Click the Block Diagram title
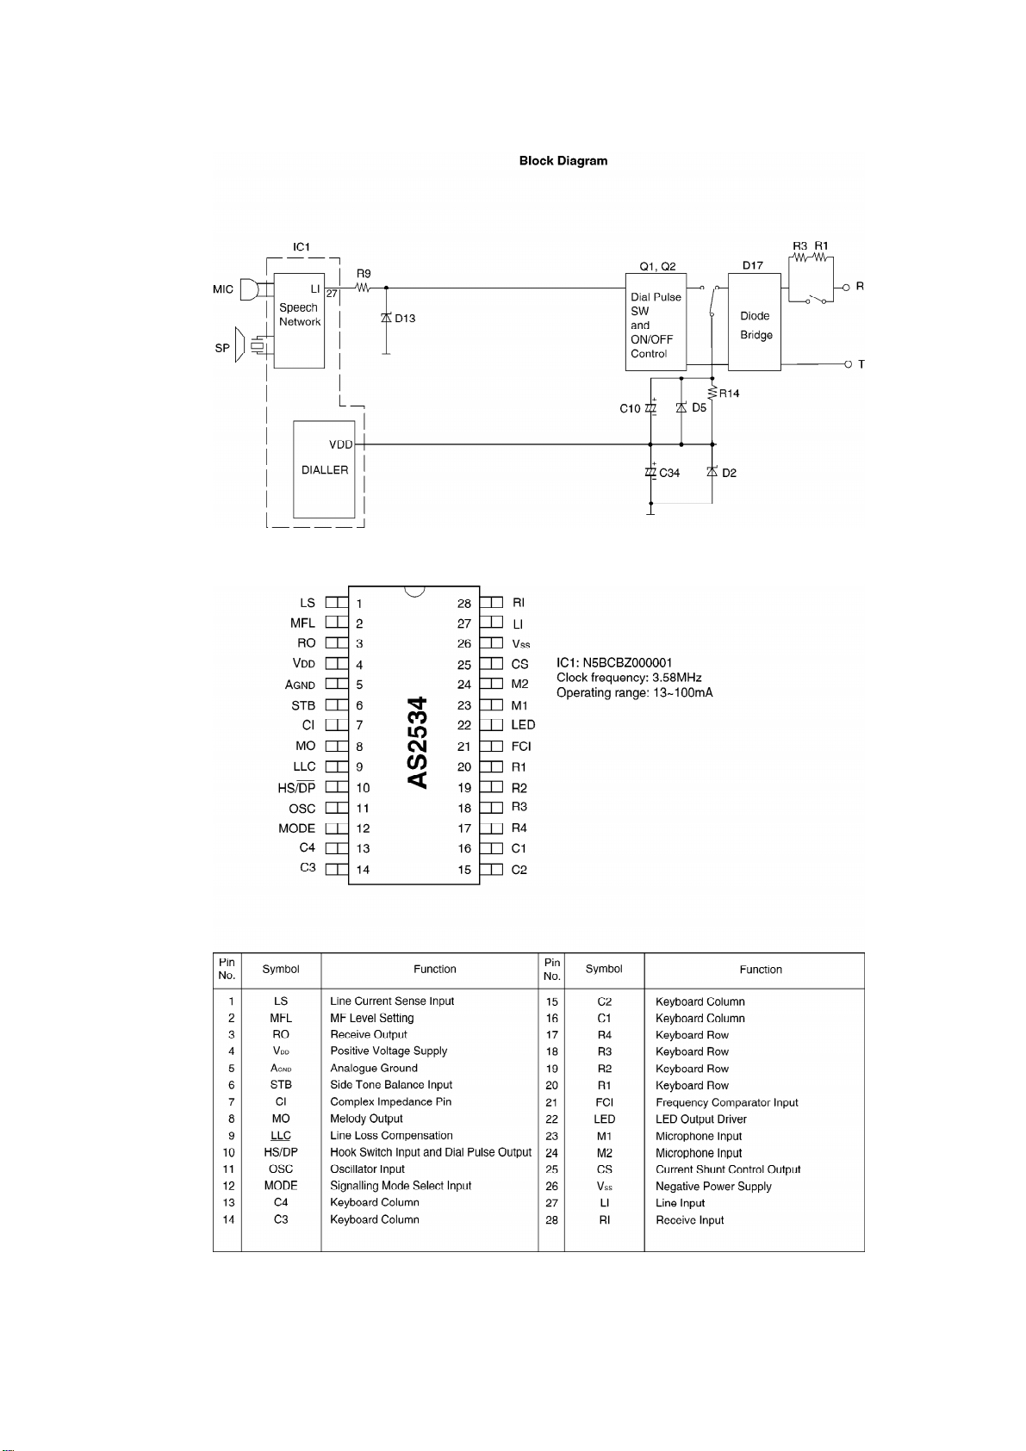pyautogui.click(x=563, y=161)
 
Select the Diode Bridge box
pyautogui.click(x=755, y=322)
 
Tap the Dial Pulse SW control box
pyautogui.click(x=656, y=322)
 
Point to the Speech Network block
pyautogui.click(x=299, y=320)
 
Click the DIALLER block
pyautogui.click(x=324, y=469)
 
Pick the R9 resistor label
pyautogui.click(x=364, y=274)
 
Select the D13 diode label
pyautogui.click(x=405, y=318)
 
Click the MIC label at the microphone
pyautogui.click(x=223, y=289)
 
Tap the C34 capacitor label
pyautogui.click(x=669, y=473)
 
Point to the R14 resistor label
pyautogui.click(x=729, y=394)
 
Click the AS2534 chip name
pyautogui.click(x=418, y=742)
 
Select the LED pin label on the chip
pyautogui.click(x=523, y=725)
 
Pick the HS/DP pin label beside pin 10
pyautogui.click(x=296, y=788)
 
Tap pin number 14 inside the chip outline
pyautogui.click(x=363, y=869)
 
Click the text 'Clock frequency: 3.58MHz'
pyautogui.click(x=629, y=678)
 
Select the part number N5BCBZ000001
pyautogui.click(x=627, y=663)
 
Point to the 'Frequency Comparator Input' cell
pyautogui.click(x=726, y=1102)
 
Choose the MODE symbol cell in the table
pyautogui.click(x=281, y=1186)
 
